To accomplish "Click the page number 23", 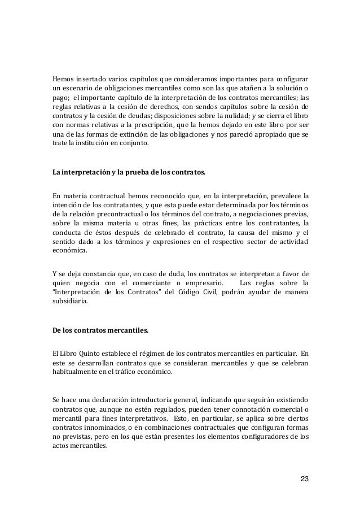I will [304, 480].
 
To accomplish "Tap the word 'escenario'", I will [76, 88].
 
